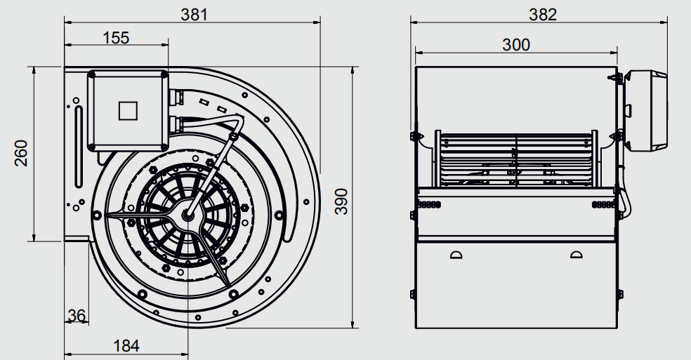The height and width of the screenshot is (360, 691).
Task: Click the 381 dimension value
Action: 194,15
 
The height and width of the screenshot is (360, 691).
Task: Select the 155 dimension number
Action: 116,38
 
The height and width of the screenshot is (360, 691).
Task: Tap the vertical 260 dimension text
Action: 21,153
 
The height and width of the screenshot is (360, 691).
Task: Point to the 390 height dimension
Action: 341,201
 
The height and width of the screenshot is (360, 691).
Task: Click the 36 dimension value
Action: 77,316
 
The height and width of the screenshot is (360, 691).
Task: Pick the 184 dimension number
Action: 126,346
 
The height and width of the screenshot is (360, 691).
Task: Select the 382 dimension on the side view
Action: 543,15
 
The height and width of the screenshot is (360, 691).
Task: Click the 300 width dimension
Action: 516,45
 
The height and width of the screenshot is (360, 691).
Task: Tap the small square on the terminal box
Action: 128,111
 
